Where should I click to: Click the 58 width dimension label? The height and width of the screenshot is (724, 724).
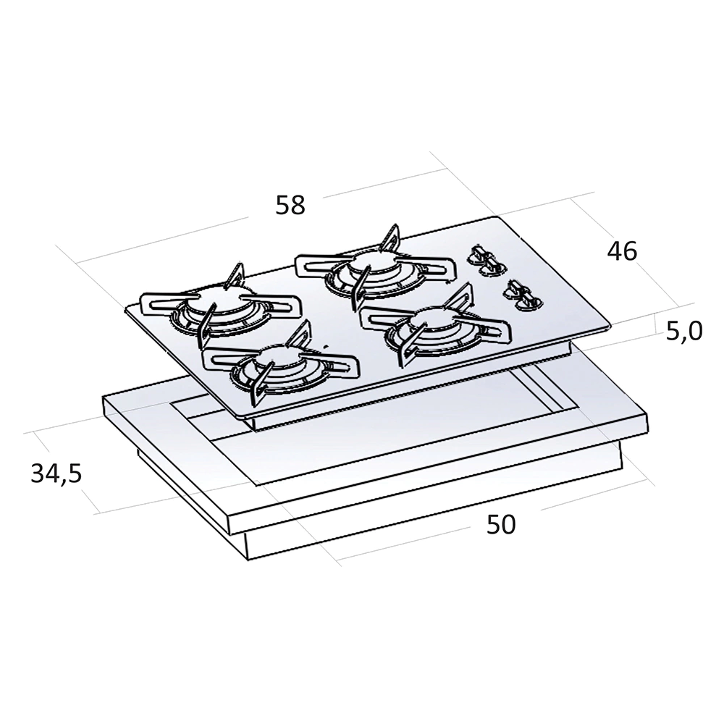[x=290, y=205]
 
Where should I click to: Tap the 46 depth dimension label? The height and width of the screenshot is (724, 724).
[x=622, y=251]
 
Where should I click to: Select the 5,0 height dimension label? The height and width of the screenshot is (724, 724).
[x=684, y=331]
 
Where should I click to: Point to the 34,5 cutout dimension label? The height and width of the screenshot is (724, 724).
[x=56, y=473]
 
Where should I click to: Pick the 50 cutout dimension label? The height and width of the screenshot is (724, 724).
[x=501, y=524]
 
